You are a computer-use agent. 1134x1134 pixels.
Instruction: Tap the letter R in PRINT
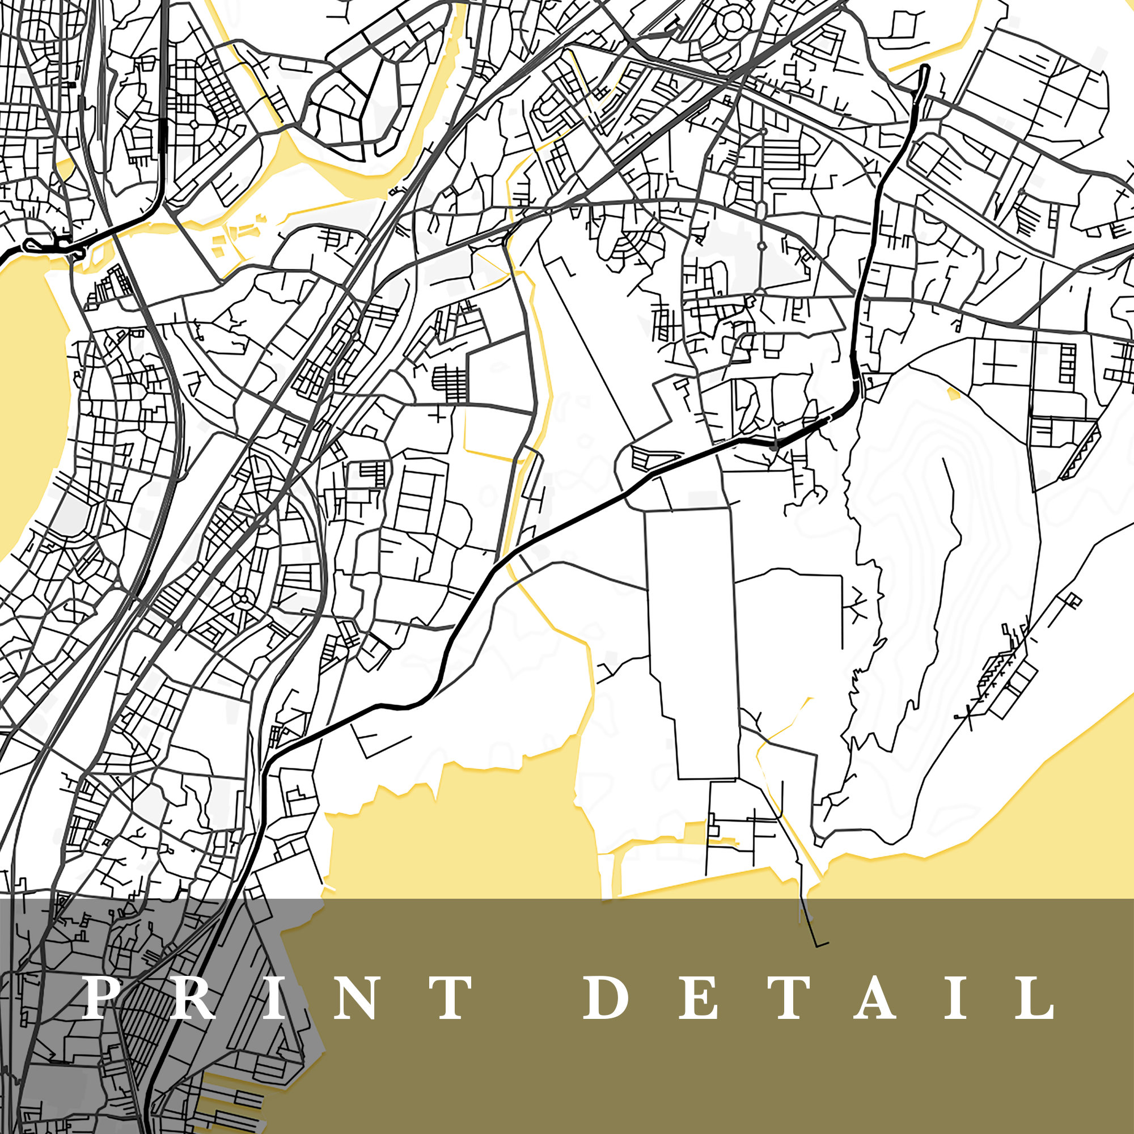click(x=193, y=997)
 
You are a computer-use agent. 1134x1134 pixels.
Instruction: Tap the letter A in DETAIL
click(x=874, y=997)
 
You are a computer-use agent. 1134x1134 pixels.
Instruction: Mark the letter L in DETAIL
click(x=1037, y=997)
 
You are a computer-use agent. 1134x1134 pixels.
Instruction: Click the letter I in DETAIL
click(x=956, y=997)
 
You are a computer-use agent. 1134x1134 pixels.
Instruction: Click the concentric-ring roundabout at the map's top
click(x=732, y=22)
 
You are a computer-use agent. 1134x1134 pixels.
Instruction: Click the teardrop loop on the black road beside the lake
click(x=32, y=246)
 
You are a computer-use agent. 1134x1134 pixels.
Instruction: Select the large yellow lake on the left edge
click(x=29, y=399)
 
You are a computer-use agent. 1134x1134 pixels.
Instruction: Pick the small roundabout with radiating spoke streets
click(x=242, y=599)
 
